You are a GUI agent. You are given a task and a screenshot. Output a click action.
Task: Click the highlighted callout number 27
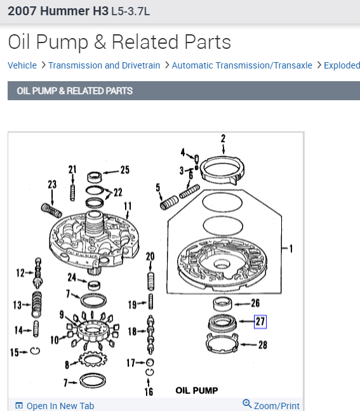(x=260, y=322)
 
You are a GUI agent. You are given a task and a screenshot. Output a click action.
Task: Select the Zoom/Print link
(x=271, y=405)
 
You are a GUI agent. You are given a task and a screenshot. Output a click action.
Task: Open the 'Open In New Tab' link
(x=55, y=406)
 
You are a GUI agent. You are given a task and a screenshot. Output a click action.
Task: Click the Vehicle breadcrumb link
(x=22, y=65)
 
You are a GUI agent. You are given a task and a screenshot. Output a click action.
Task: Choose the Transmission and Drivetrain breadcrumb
(x=104, y=65)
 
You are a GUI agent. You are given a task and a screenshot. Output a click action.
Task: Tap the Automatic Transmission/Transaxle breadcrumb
(x=242, y=65)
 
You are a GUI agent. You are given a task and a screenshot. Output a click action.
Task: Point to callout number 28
(x=263, y=345)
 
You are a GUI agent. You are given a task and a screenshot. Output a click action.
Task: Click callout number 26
(x=255, y=303)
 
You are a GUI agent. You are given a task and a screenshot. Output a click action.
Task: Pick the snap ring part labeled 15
(x=35, y=351)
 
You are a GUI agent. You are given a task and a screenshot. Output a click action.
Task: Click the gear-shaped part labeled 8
(x=93, y=359)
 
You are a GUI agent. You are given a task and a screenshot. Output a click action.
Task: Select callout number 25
(x=125, y=170)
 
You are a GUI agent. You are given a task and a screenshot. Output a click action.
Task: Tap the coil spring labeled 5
(x=170, y=202)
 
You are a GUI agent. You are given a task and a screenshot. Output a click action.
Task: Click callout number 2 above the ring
(x=223, y=138)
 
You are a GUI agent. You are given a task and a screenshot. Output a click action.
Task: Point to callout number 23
(x=52, y=185)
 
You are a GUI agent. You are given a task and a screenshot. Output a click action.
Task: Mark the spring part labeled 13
(x=37, y=304)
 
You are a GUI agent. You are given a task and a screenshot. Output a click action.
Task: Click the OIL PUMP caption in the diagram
(x=197, y=391)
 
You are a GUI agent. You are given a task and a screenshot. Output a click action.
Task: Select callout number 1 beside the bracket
(x=291, y=249)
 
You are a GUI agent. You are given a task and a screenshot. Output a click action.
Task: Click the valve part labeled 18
(x=150, y=335)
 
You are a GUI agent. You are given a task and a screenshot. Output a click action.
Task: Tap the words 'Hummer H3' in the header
(x=74, y=11)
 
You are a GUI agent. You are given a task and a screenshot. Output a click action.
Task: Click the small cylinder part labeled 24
(x=94, y=285)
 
